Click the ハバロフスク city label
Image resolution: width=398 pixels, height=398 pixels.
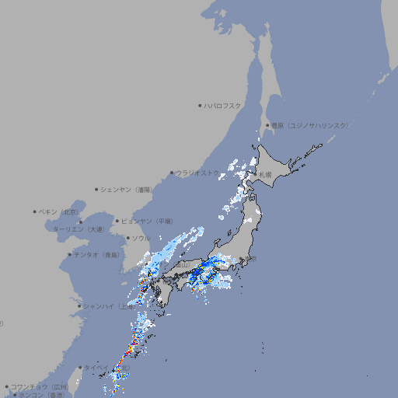pos(223,105)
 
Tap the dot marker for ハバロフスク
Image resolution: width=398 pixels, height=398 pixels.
pos(201,105)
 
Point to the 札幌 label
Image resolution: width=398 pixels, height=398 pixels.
pos(266,174)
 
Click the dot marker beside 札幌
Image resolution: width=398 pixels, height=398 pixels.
pos(257,174)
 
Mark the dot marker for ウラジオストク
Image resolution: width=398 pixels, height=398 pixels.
pos(173,173)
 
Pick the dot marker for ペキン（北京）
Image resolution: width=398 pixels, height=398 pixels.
pos(35,211)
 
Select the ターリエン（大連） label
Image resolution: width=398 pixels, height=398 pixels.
pos(79,229)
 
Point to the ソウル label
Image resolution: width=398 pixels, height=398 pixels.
pos(141,238)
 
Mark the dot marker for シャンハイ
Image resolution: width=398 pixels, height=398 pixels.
pos(79,305)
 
